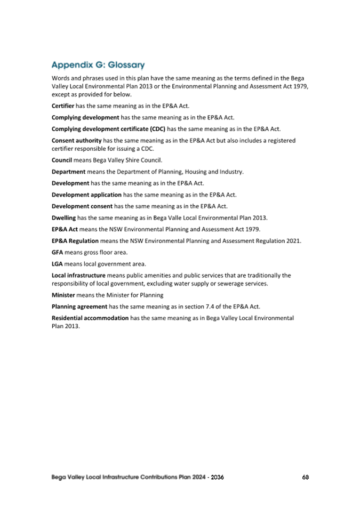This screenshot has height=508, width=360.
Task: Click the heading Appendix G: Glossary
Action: (98, 65)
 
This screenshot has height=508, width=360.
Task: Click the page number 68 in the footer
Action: (305, 477)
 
